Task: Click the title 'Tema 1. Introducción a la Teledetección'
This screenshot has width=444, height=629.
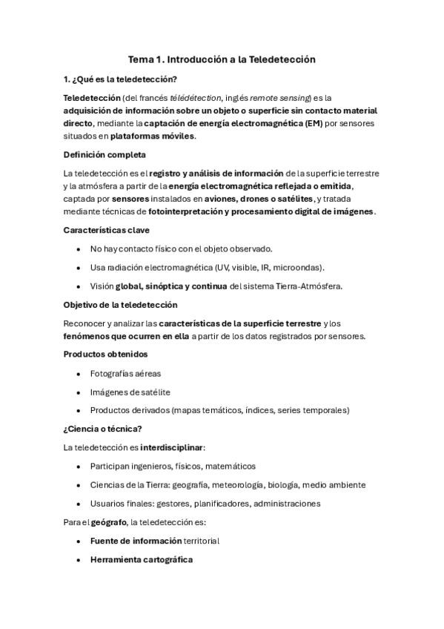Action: point(222,59)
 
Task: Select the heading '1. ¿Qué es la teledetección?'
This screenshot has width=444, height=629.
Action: point(120,79)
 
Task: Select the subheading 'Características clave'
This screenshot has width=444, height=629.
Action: point(107,231)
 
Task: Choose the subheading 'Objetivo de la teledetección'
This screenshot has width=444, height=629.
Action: point(120,305)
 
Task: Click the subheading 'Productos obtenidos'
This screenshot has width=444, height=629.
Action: point(105,355)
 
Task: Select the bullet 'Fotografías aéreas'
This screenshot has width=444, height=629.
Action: point(125,373)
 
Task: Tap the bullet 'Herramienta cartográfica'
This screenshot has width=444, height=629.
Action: point(141,559)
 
